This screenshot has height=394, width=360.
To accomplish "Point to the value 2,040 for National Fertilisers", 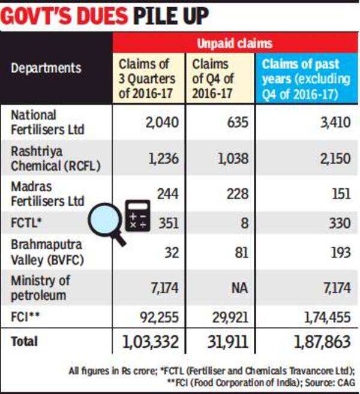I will click(161, 122).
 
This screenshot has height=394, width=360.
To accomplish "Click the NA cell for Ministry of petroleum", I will click(223, 288).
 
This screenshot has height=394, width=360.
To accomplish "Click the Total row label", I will click(25, 341).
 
